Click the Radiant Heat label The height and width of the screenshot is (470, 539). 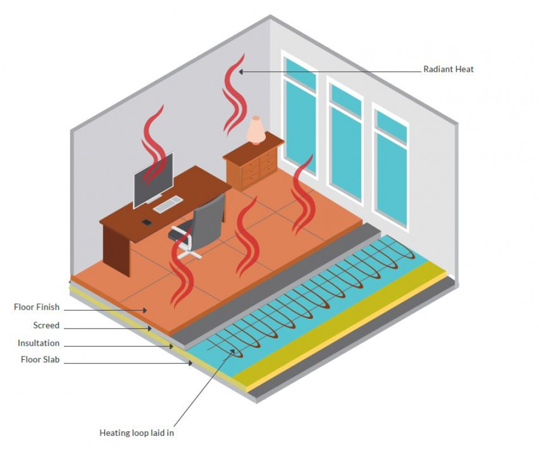448,70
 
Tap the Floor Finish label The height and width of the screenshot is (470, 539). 37,307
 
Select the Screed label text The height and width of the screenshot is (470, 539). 46,326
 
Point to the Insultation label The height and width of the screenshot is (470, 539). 38,343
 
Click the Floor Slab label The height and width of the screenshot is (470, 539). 40,360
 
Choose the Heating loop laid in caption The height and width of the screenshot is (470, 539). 137,433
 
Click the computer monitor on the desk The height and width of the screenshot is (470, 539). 153,180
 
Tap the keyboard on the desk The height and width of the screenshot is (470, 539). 168,204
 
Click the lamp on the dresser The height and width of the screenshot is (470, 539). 256,131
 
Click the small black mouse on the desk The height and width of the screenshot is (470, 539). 147,221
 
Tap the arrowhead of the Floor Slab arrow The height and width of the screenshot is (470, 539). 191,363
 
